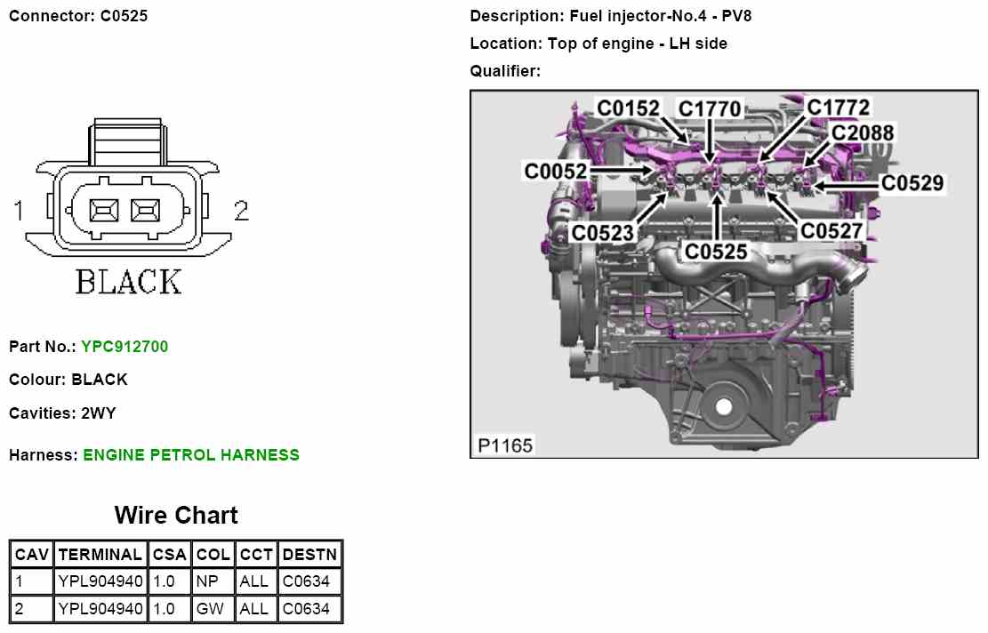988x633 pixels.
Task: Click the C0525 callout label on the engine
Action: pyautogui.click(x=715, y=252)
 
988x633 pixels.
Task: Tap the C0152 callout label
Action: pyautogui.click(x=628, y=108)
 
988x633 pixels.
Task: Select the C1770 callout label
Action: pyautogui.click(x=710, y=109)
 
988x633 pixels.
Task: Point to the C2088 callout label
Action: pyautogui.click(x=862, y=132)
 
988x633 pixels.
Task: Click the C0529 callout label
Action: pyautogui.click(x=912, y=182)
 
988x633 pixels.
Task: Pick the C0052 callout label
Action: pyautogui.click(x=555, y=171)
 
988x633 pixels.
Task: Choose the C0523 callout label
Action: pyautogui.click(x=602, y=232)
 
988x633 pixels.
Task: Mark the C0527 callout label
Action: pyautogui.click(x=831, y=230)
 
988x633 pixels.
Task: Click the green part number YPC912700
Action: pyautogui.click(x=125, y=347)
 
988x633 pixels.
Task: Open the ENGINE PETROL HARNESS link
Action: pyautogui.click(x=191, y=455)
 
